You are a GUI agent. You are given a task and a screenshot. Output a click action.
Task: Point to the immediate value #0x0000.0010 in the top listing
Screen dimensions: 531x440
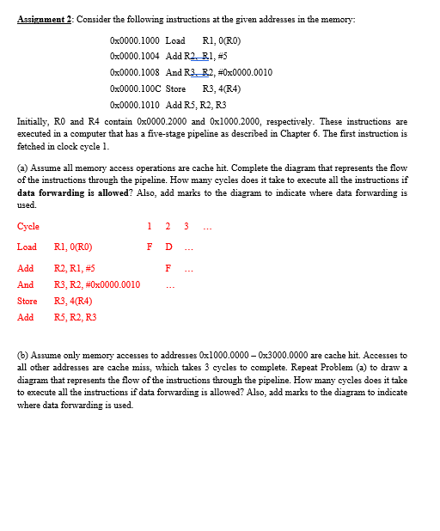241,72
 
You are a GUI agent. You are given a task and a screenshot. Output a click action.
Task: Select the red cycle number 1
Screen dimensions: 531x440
150,227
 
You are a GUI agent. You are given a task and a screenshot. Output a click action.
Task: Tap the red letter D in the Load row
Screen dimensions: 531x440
168,247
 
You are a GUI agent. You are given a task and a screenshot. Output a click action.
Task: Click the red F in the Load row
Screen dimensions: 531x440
150,247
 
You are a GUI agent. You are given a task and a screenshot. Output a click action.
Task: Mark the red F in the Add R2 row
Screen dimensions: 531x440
168,267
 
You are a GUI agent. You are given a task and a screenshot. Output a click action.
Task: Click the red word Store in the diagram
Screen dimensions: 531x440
27,301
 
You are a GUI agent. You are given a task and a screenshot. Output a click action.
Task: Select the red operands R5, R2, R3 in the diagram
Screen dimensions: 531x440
76,317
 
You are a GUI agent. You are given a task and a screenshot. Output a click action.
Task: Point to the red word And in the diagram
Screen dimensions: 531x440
26,284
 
